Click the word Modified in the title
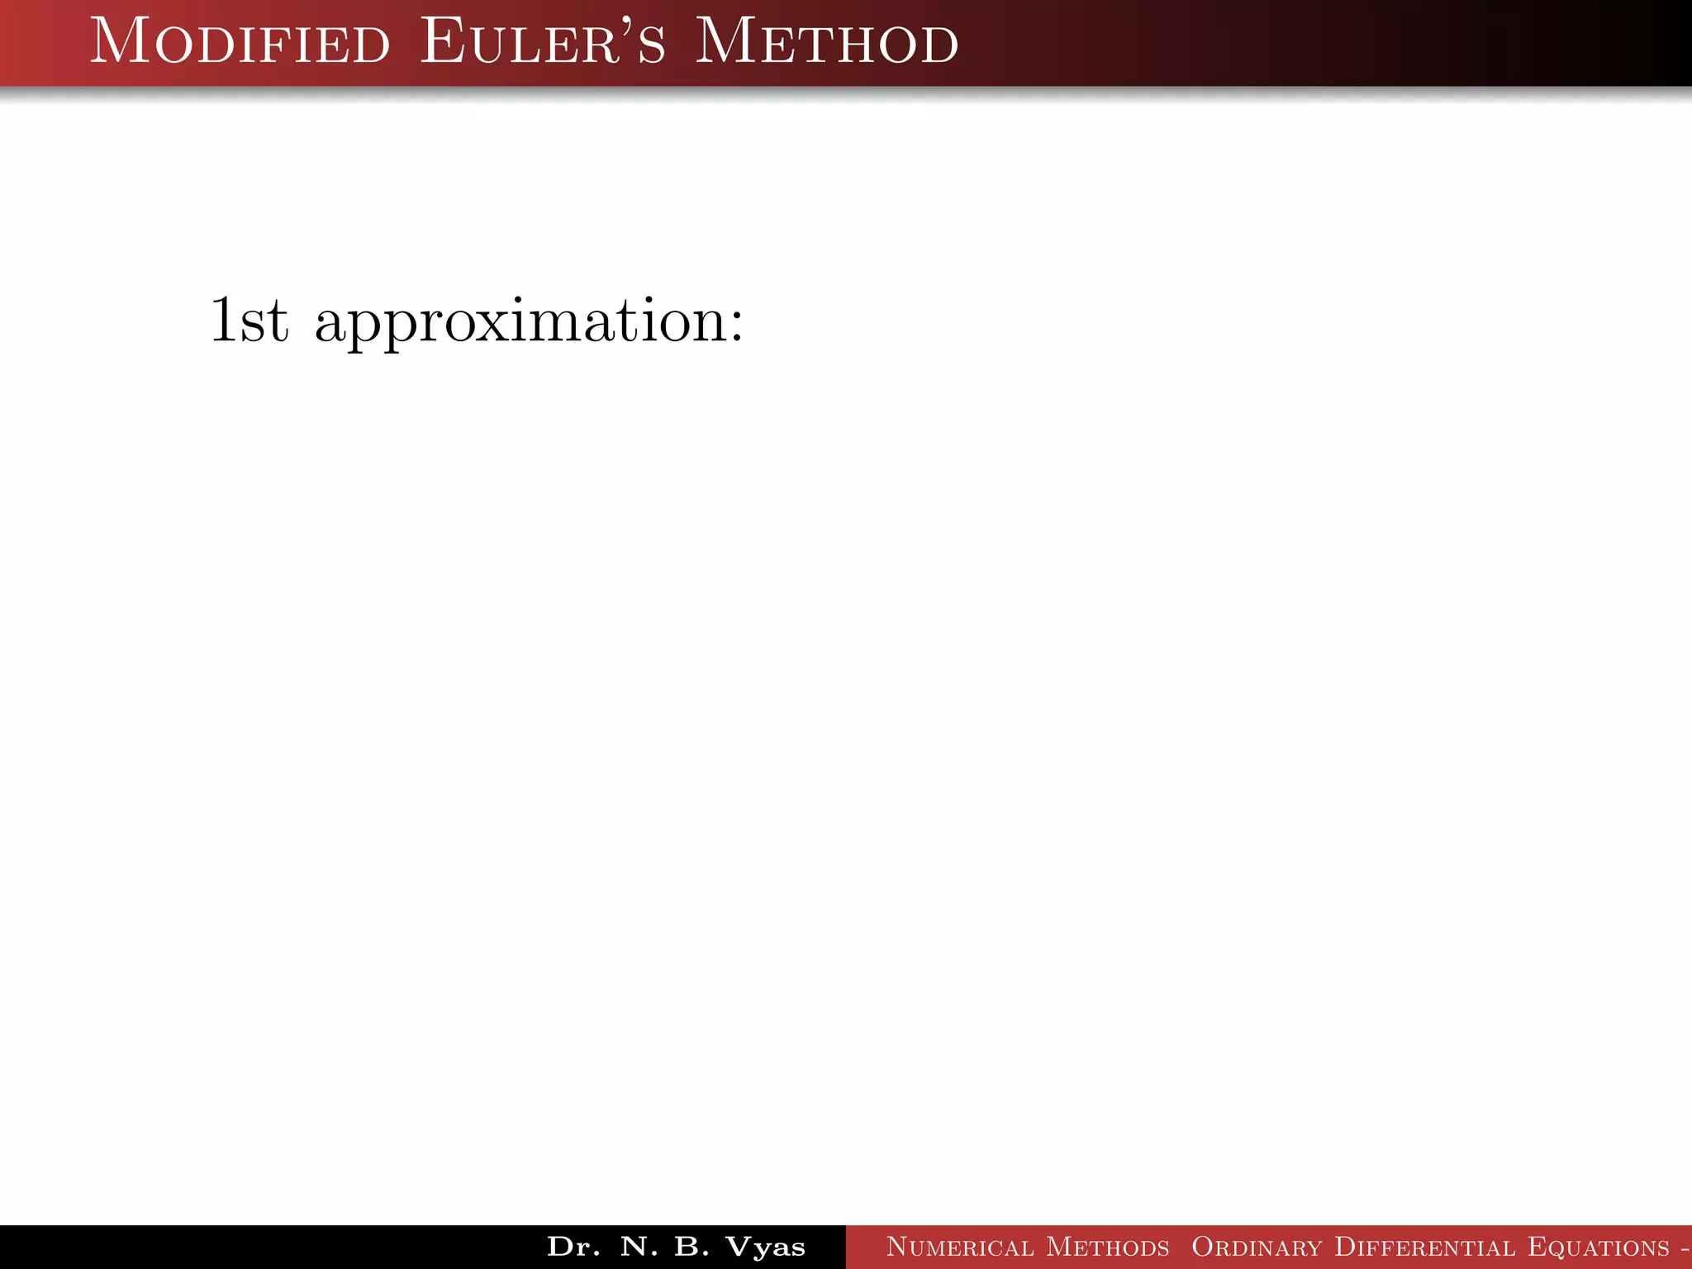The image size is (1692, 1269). (240, 43)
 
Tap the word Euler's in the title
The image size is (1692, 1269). (542, 43)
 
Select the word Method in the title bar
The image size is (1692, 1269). (826, 43)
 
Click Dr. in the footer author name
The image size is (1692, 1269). (573, 1247)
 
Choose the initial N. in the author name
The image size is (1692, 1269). (639, 1247)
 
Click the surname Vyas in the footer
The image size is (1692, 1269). (765, 1248)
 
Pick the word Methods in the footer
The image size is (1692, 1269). (1108, 1247)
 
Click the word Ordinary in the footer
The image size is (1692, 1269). (1257, 1248)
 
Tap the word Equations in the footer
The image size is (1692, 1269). (1599, 1248)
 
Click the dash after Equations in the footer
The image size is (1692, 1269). (1685, 1248)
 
